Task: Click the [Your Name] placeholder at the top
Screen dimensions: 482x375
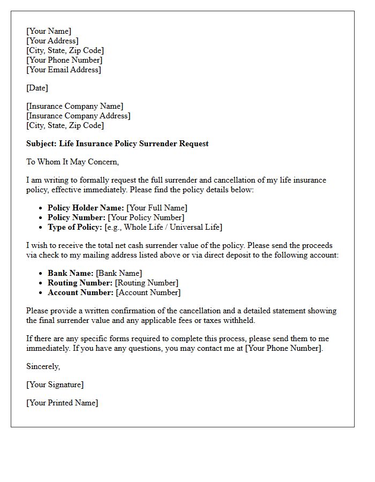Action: (49, 31)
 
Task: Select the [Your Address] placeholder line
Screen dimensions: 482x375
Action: (52, 41)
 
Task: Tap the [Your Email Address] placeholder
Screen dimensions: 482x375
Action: (64, 70)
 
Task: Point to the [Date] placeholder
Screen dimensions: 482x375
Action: (37, 88)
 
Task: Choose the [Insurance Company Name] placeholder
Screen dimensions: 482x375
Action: (74, 106)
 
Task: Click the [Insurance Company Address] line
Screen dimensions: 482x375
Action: (78, 116)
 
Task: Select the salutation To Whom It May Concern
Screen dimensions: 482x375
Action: (72, 162)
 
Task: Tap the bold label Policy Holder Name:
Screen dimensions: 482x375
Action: (86, 208)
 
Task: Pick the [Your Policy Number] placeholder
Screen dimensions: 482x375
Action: (146, 217)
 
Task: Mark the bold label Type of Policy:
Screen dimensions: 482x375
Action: (75, 227)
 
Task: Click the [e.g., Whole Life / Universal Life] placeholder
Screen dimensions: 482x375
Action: (163, 227)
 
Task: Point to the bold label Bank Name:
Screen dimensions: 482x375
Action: (70, 273)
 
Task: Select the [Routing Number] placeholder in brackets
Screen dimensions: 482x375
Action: (147, 283)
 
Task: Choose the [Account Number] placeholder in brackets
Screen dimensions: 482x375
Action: (148, 292)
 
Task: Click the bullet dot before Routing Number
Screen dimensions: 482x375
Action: (41, 283)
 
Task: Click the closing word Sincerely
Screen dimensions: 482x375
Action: (43, 366)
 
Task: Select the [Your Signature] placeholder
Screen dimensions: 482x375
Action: (55, 385)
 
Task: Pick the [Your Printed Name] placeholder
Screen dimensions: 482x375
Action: (62, 403)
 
